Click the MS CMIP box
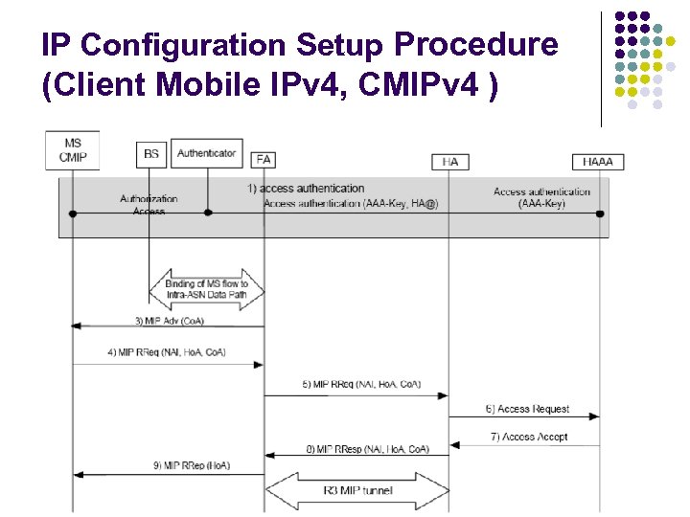[x=73, y=150]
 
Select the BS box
[x=150, y=153]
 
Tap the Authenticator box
[x=206, y=153]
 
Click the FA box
[x=264, y=160]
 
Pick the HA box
[x=449, y=162]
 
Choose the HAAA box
[x=597, y=162]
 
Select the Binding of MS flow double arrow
[x=206, y=289]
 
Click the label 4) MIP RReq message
[x=167, y=352]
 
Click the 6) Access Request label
[x=526, y=409]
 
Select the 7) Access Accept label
[x=526, y=437]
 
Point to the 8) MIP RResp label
[x=367, y=448]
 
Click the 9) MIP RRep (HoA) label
[x=191, y=466]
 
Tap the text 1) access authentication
[x=306, y=189]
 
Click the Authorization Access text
[x=149, y=205]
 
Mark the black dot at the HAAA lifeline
[x=600, y=213]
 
